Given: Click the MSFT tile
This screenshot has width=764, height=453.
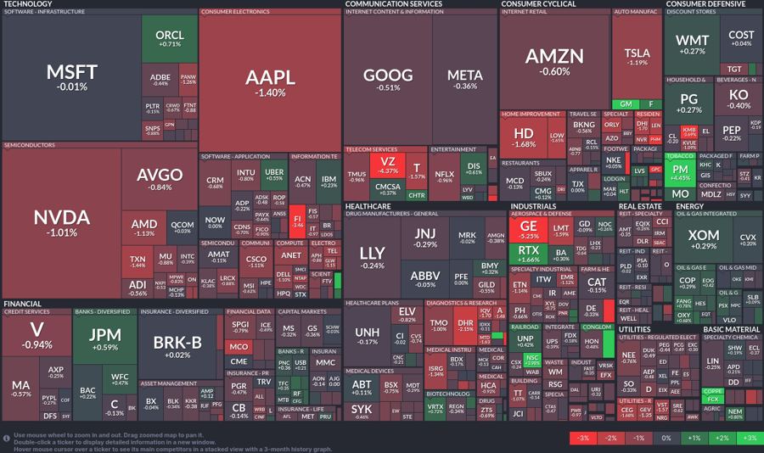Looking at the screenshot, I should (71, 76).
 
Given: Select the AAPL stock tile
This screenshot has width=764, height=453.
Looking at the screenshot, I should (270, 81).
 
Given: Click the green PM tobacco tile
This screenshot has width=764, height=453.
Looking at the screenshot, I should (681, 172).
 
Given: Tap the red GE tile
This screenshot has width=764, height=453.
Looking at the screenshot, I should (528, 230).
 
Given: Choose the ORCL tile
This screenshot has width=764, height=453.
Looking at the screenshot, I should (170, 38).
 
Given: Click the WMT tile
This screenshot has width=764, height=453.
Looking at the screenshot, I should (692, 44).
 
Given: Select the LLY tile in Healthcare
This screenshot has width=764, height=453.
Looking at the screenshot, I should (372, 256).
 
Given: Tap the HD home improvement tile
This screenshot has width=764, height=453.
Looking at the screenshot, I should (524, 137).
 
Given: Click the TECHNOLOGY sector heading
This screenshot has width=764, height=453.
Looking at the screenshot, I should (28, 4).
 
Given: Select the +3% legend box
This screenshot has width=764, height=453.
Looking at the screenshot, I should (749, 438).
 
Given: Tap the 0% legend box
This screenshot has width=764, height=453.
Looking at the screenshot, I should (666, 438).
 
